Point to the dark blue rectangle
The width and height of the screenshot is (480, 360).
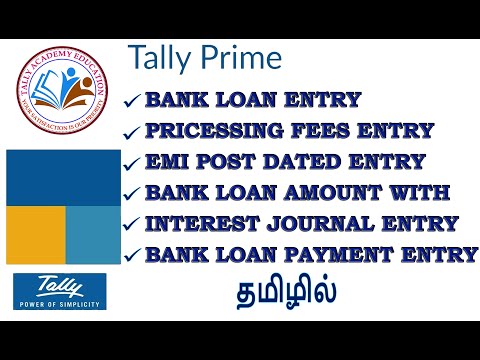click(62, 176)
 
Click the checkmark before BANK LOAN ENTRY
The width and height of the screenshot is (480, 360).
click(131, 100)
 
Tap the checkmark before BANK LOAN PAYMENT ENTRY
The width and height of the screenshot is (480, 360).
click(131, 256)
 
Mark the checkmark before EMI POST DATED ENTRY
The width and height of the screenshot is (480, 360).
click(131, 163)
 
